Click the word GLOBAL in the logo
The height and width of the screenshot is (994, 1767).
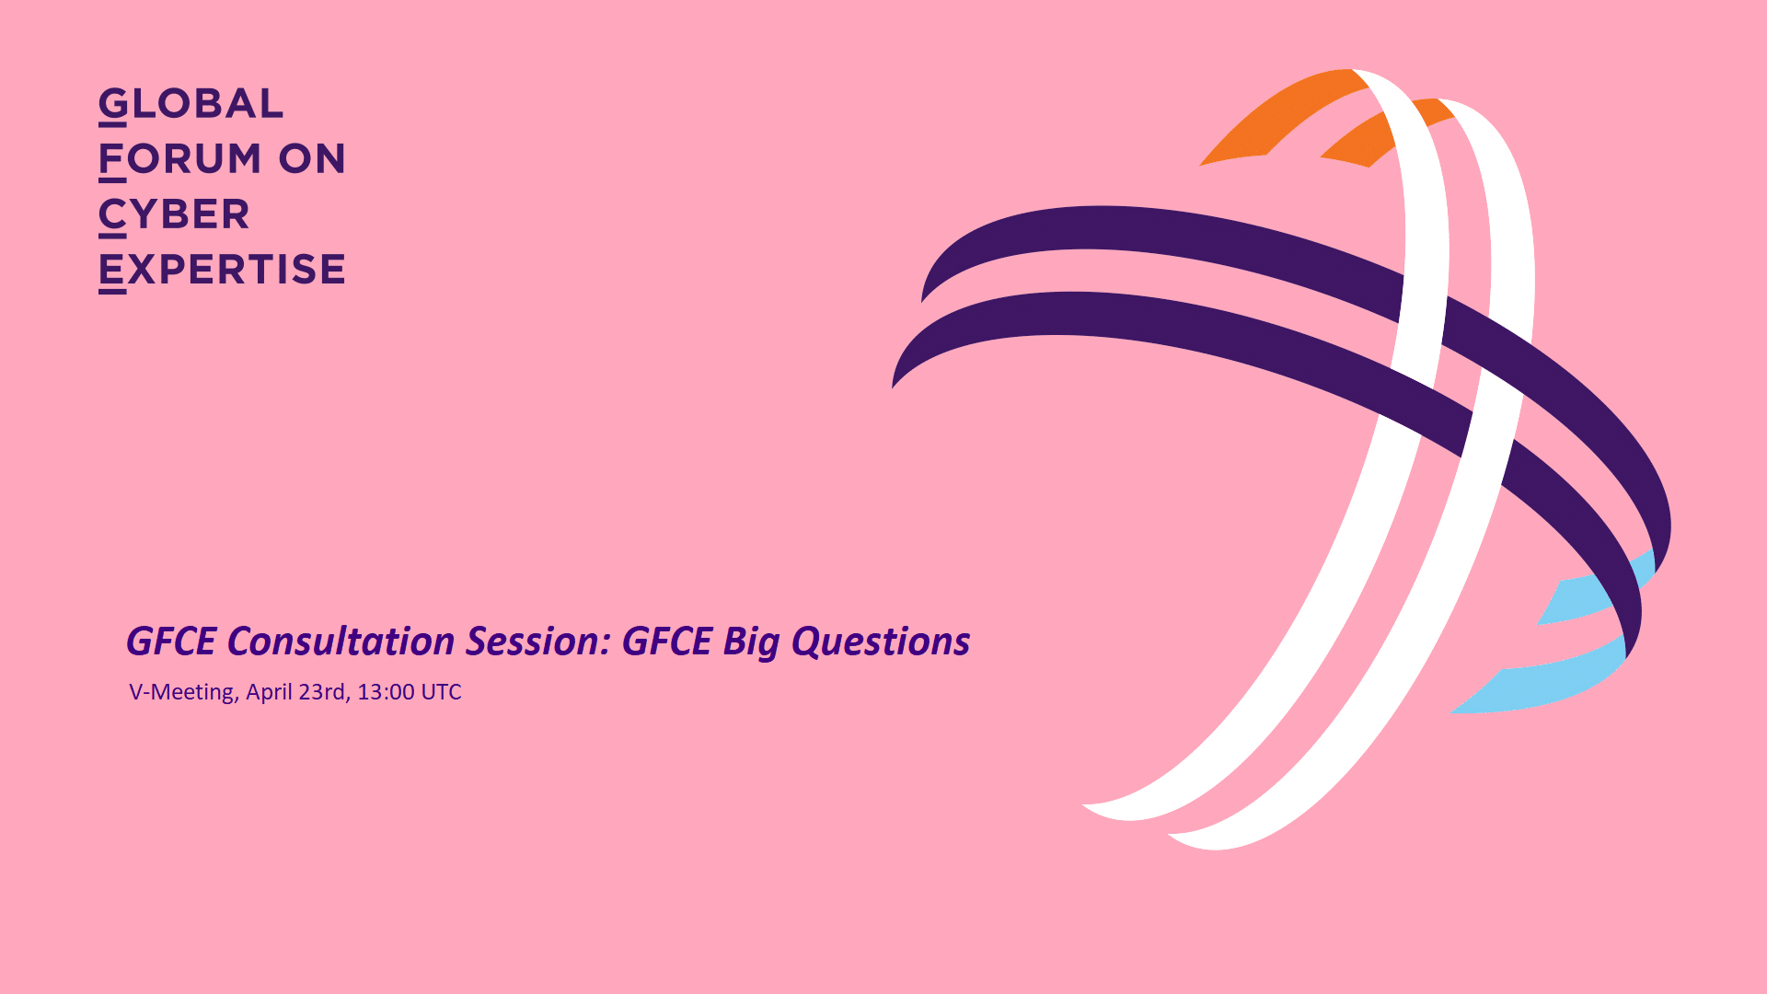coord(191,104)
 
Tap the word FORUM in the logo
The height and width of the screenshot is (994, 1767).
coord(181,159)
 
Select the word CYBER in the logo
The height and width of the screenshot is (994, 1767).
coord(174,214)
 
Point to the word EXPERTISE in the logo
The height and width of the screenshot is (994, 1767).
coord(222,270)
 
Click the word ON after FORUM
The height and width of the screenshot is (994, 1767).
coord(312,159)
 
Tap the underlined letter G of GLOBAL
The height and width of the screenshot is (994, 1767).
coord(113,105)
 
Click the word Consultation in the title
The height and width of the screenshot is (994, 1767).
coord(341,641)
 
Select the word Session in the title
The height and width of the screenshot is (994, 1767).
coord(538,641)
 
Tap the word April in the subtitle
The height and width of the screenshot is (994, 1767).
coord(268,693)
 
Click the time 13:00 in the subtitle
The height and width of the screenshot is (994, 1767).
coord(386,692)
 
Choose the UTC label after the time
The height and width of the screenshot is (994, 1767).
coord(442,692)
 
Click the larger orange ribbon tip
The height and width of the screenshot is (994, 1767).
coord(1285,117)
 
